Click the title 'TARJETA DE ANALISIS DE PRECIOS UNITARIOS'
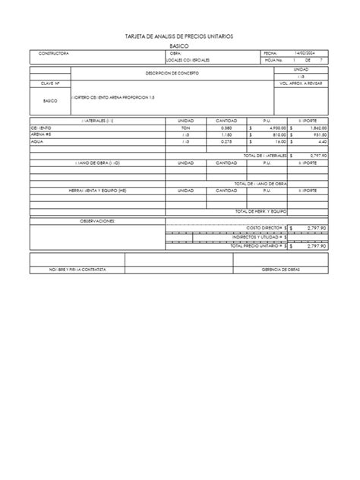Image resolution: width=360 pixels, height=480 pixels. pyautogui.click(x=179, y=36)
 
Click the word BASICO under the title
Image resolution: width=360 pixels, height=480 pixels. pyautogui.click(x=179, y=46)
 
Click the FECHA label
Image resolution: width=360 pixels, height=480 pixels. pyautogui.click(x=270, y=54)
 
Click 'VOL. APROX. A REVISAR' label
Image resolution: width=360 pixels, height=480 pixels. pyautogui.click(x=302, y=84)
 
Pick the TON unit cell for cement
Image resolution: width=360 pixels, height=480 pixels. pyautogui.click(x=186, y=129)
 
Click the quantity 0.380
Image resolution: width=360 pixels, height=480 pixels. pyautogui.click(x=226, y=129)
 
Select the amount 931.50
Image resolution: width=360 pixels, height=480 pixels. pyautogui.click(x=317, y=135)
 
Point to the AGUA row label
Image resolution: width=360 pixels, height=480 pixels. pyautogui.click(x=36, y=141)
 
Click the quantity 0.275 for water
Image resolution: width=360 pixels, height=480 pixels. pyautogui.click(x=226, y=141)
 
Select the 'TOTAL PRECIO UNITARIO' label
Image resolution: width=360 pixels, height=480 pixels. pyautogui.click(x=257, y=245)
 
